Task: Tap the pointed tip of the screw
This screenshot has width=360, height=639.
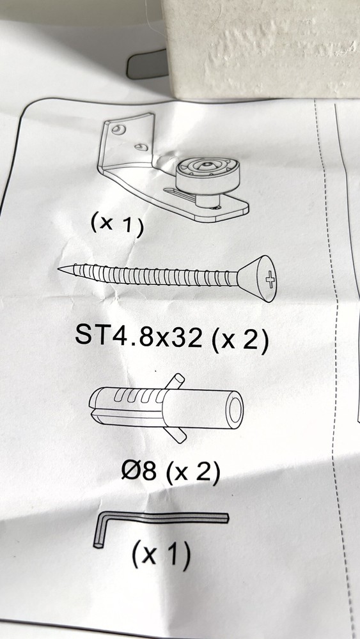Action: coord(59,268)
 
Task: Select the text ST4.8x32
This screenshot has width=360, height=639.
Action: coord(139,337)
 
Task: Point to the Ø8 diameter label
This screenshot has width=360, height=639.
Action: coord(139,471)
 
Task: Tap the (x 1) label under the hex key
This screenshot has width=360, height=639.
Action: coord(161,556)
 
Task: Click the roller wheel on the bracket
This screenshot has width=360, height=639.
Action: coord(208,174)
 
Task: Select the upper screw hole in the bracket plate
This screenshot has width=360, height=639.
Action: coord(119,130)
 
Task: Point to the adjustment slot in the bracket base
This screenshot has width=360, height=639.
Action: coord(180,192)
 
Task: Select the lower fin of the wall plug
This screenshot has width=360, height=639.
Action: coord(176,435)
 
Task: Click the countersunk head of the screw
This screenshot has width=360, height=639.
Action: coord(258,279)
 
